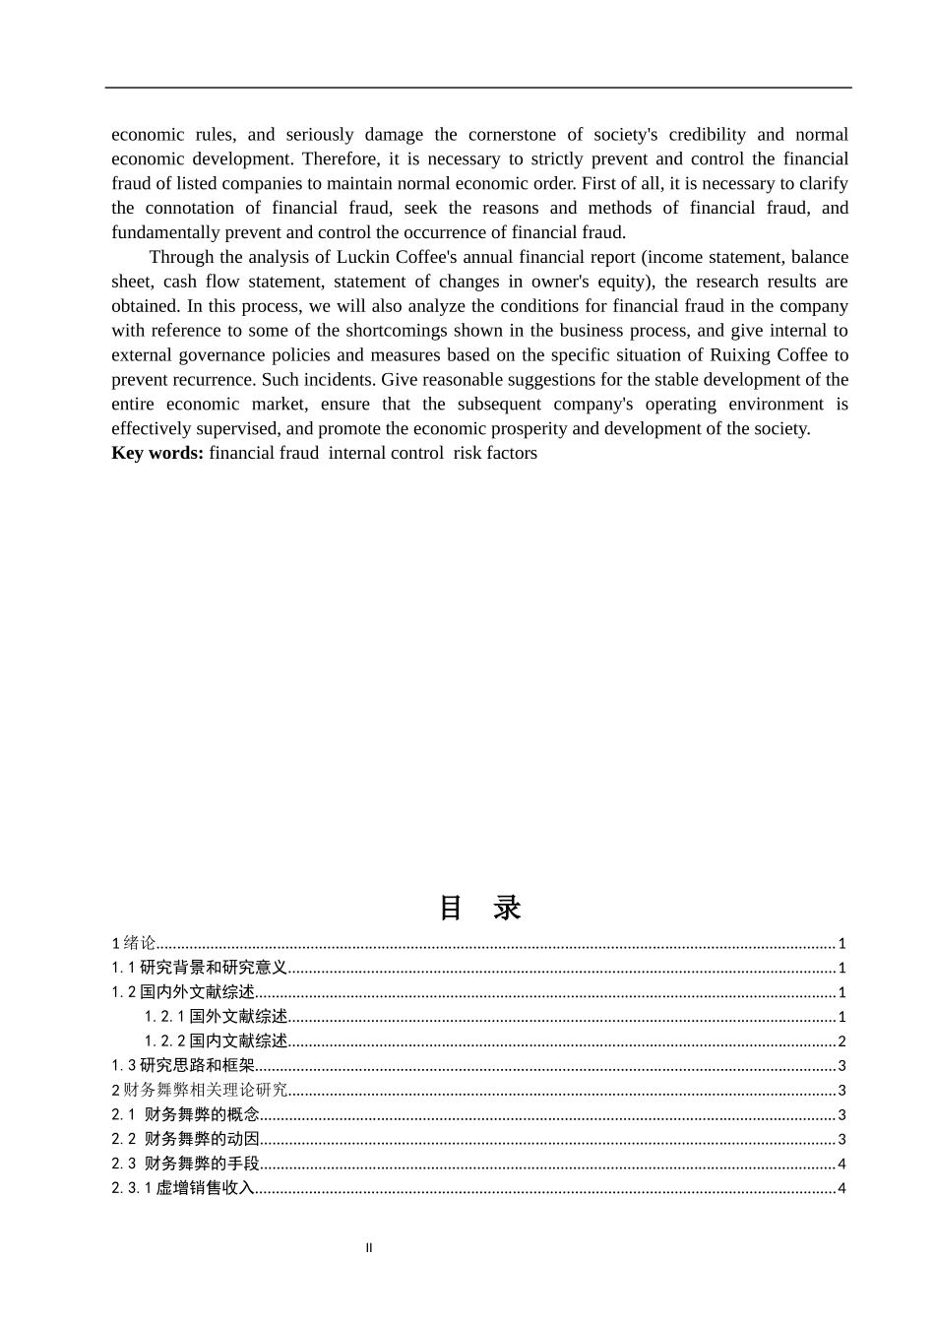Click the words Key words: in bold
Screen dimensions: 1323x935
click(x=157, y=454)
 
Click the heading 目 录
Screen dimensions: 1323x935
click(x=479, y=908)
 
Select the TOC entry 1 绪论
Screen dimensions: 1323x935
click(x=134, y=944)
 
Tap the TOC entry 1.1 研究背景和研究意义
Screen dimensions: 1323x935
click(x=199, y=969)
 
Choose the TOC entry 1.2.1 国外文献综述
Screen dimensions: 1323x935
click(x=217, y=1017)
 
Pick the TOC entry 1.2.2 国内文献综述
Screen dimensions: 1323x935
click(x=217, y=1041)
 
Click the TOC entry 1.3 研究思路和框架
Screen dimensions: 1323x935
click(x=183, y=1066)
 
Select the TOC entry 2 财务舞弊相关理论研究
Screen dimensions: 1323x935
click(x=200, y=1091)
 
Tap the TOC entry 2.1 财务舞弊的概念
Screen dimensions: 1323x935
click(x=186, y=1115)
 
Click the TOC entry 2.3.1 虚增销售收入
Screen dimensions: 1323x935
click(x=183, y=1188)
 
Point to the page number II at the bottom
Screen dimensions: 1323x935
click(x=369, y=1248)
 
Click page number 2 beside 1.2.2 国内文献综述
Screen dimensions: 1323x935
click(x=841, y=1041)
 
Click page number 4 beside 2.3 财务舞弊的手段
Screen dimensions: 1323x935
click(x=841, y=1164)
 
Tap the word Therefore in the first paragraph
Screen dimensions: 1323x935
click(x=340, y=159)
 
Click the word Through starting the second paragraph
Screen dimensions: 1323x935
click(x=181, y=258)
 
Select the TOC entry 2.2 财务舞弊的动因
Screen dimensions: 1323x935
click(x=186, y=1139)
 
